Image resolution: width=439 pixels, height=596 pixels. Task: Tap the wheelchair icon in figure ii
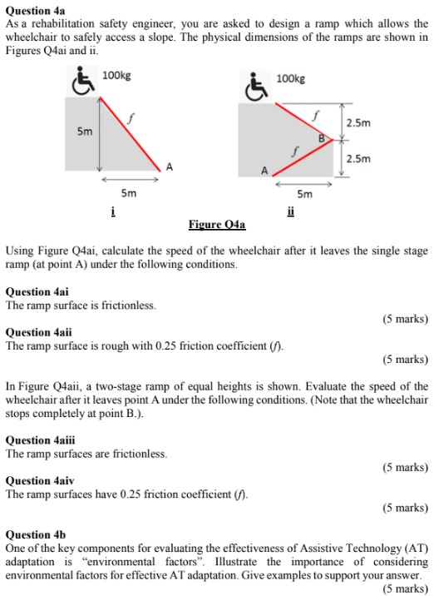click(255, 85)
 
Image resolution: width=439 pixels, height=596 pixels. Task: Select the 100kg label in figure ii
click(291, 78)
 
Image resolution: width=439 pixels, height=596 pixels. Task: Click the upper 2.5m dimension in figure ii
click(358, 123)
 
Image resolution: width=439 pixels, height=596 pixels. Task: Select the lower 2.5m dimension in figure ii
click(358, 158)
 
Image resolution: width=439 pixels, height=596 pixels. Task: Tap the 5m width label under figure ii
click(305, 195)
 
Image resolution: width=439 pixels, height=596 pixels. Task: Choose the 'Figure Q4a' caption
click(217, 225)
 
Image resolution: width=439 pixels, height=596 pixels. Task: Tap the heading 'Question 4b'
click(35, 534)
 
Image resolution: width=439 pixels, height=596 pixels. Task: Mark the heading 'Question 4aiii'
click(42, 440)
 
